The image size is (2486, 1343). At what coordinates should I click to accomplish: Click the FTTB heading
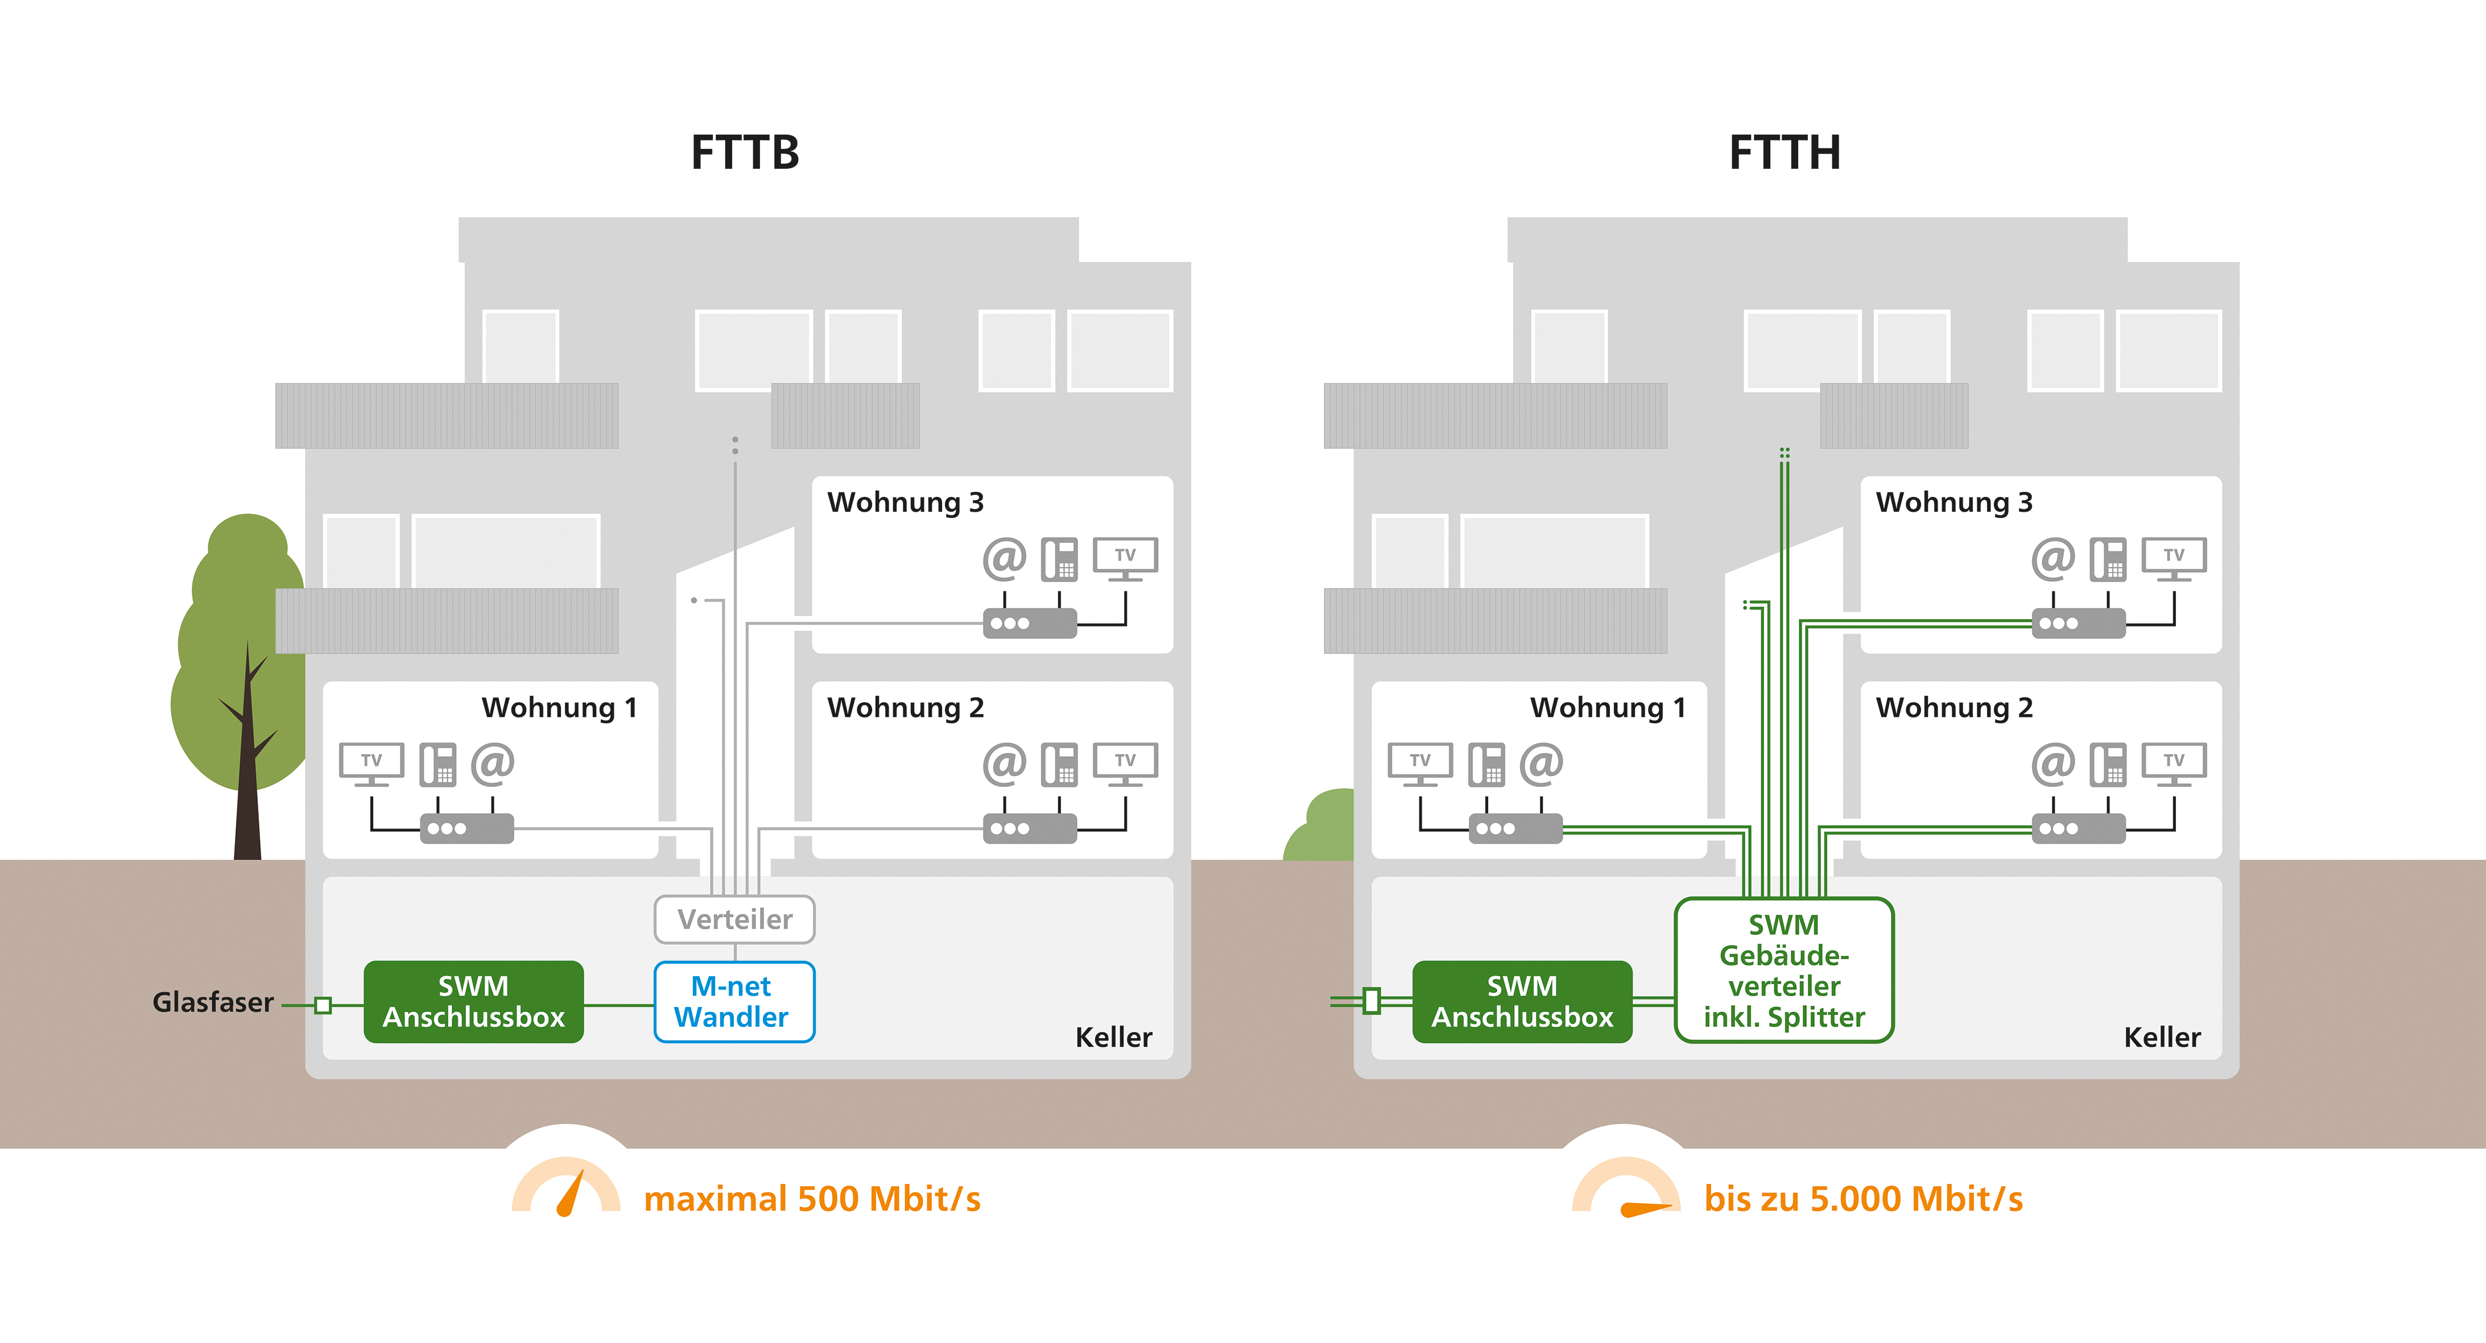point(745,152)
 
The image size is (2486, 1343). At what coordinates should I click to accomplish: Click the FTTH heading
point(1785,152)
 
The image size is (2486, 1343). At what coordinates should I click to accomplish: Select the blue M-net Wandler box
point(733,1001)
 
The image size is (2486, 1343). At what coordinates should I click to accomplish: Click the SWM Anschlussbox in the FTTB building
point(473,1001)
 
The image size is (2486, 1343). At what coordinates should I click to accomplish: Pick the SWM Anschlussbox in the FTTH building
point(1522,1001)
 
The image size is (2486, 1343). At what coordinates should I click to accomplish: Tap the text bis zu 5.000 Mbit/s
point(1863,1198)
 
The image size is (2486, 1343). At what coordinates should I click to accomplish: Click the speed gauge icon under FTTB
point(567,1187)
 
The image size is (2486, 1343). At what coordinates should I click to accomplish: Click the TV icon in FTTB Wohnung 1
point(371,763)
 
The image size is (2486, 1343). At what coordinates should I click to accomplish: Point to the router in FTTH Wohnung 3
point(2078,623)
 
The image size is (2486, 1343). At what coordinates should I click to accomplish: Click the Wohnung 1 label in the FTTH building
point(1608,707)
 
